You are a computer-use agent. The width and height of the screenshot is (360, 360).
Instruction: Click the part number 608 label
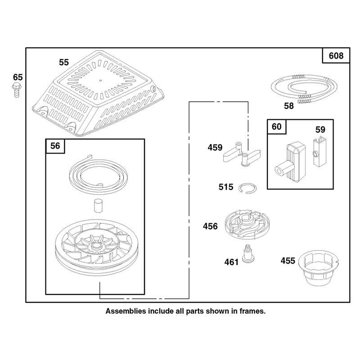(x=336, y=55)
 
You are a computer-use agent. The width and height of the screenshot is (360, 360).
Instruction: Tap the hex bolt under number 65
(x=17, y=90)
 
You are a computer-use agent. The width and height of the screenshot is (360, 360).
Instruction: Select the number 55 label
(x=64, y=62)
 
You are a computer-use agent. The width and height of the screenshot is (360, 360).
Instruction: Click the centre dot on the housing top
(x=100, y=81)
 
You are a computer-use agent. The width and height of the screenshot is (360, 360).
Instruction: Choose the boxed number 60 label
(x=276, y=126)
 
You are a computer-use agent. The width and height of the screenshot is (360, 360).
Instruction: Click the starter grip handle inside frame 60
(x=290, y=162)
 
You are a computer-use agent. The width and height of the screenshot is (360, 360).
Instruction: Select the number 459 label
(x=215, y=148)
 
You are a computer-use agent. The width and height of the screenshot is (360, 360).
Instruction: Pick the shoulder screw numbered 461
(x=248, y=254)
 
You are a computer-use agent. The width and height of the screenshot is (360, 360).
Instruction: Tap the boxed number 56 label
(x=55, y=146)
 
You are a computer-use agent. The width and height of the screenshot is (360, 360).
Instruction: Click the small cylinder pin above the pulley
(x=98, y=206)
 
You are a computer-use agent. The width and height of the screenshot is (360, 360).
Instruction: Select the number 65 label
(x=18, y=77)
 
